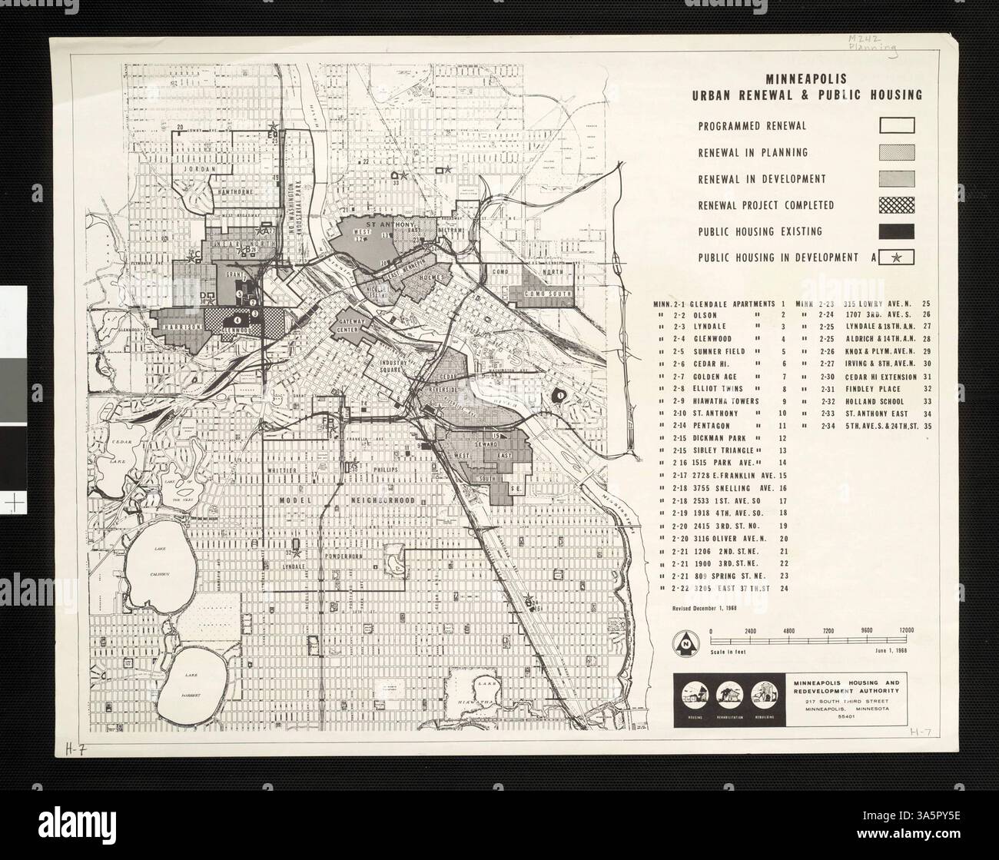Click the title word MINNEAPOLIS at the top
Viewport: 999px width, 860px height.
806,78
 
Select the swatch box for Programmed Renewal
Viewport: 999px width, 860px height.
896,125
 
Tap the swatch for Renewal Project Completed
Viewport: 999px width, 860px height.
896,205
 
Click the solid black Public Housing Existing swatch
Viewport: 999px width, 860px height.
896,231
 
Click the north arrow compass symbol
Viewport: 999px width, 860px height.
683,639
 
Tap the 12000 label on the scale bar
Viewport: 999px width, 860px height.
907,631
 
